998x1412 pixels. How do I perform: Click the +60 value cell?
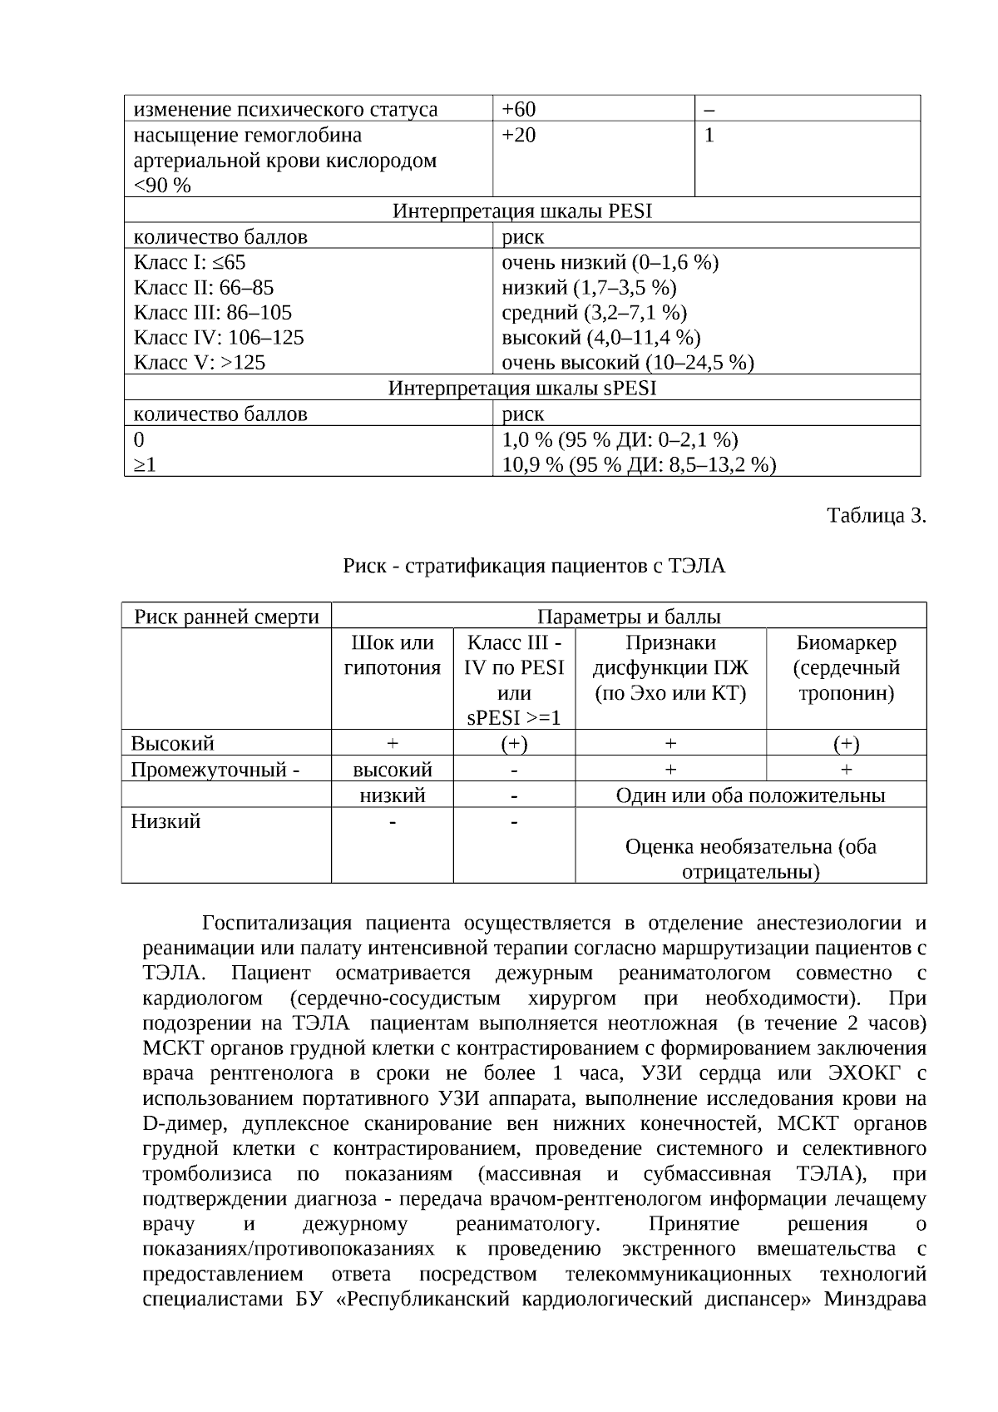coord(520,109)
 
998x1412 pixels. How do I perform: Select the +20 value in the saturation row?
coord(520,135)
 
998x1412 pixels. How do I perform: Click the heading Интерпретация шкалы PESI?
coord(521,211)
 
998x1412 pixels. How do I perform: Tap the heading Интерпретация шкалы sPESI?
coord(521,388)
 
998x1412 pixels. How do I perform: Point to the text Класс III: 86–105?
coord(213,312)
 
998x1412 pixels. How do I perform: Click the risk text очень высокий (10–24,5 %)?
coord(628,363)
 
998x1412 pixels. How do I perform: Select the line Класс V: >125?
coord(200,363)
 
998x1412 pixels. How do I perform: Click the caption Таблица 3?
coord(876,516)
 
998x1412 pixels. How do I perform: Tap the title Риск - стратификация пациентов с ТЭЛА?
coord(534,566)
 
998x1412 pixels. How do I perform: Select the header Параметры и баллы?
coord(629,617)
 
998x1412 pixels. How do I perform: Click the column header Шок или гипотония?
coord(393,655)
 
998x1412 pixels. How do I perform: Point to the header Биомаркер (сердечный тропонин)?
coord(846,667)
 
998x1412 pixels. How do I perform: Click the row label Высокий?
coord(173,742)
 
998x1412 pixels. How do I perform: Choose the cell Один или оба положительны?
coord(750,795)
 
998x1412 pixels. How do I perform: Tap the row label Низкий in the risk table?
coord(166,821)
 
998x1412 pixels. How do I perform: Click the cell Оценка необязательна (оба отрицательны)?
coord(750,859)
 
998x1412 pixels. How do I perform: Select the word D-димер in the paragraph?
coord(183,1123)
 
